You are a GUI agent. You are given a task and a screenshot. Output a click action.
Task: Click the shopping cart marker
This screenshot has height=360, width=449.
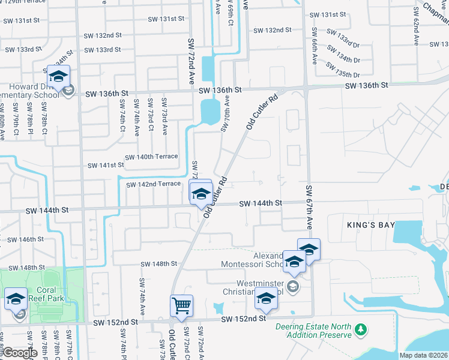[182, 305]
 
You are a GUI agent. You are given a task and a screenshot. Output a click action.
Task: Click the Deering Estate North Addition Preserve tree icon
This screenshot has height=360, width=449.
[361, 330]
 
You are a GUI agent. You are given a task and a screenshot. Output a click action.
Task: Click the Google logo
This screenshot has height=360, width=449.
[19, 353]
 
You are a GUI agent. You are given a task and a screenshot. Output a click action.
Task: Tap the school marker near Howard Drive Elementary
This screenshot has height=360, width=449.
[58, 76]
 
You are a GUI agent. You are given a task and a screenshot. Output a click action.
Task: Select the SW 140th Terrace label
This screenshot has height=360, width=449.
[151, 157]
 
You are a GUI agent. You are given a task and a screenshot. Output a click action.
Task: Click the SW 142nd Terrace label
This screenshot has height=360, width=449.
[153, 184]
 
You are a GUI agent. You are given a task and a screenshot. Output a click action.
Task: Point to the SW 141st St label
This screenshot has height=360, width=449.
[106, 165]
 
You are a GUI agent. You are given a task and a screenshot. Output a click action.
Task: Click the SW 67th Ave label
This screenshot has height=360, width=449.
[310, 207]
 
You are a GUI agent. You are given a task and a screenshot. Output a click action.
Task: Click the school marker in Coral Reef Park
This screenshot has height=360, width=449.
[16, 299]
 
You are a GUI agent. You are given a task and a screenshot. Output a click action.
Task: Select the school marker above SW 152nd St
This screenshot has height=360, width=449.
[267, 299]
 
